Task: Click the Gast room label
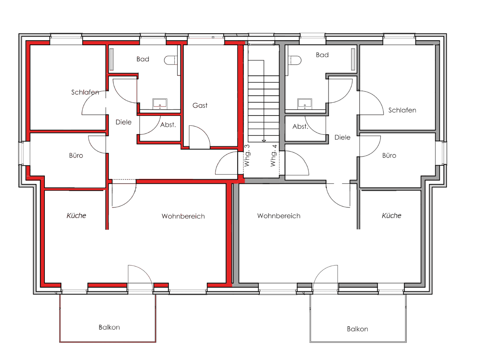point(200,106)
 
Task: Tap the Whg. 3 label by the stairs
point(247,155)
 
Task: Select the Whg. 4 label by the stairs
point(273,155)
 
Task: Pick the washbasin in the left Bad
point(160,103)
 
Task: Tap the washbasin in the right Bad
point(304,103)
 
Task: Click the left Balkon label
point(109,328)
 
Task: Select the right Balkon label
point(357,329)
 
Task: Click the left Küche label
point(76,215)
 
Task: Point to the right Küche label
point(391,215)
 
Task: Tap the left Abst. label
point(168,125)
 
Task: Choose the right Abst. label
point(300,127)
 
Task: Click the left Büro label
point(76,156)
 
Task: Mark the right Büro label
point(389,156)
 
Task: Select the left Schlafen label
point(85,92)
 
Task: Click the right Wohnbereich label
point(279,216)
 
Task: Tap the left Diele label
point(123,122)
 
